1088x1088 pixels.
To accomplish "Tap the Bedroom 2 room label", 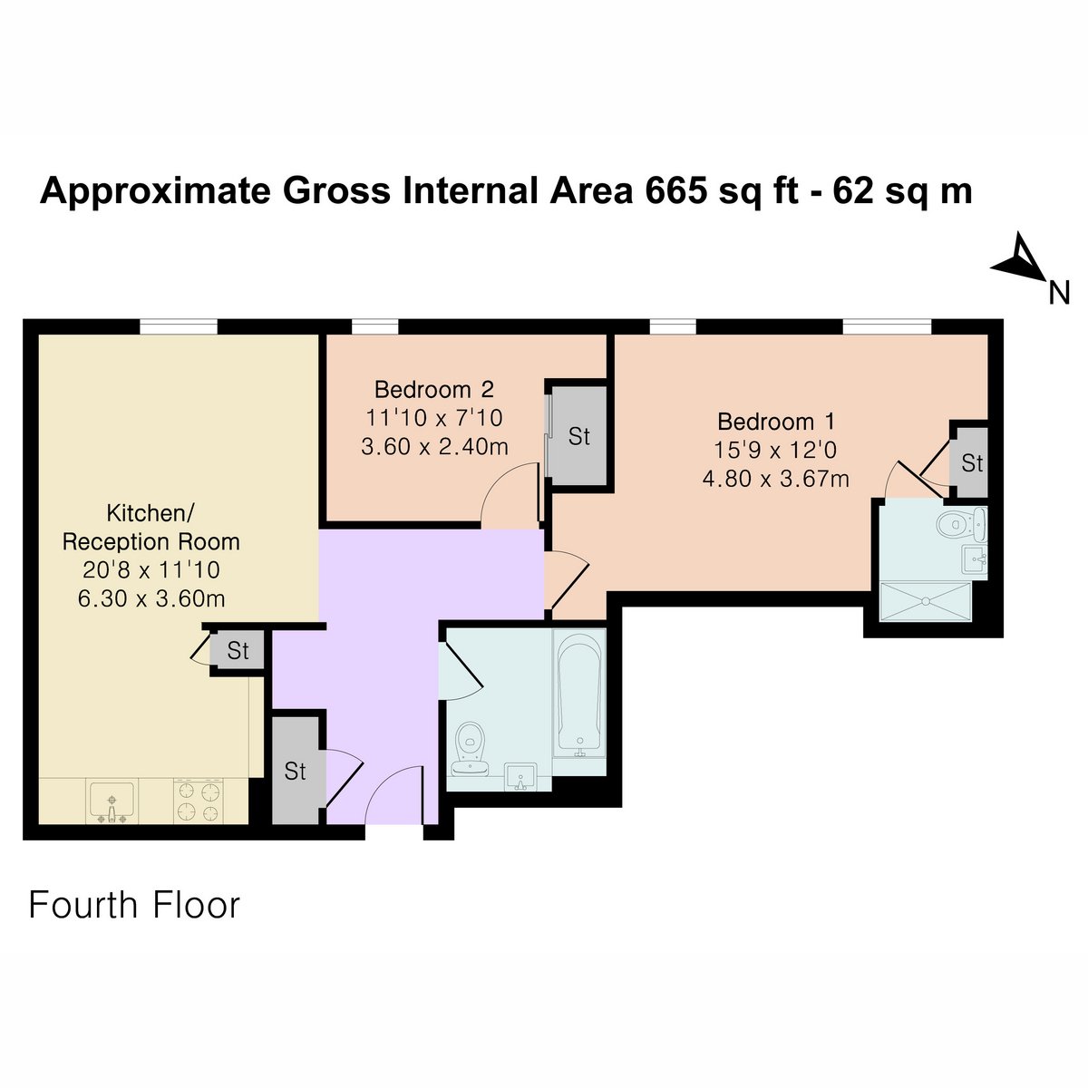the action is [433, 390].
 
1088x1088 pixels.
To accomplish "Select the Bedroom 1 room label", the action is [776, 422].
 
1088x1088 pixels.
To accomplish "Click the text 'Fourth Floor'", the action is [134, 906].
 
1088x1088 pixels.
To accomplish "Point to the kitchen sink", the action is [112, 801].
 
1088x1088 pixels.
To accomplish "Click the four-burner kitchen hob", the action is [198, 801].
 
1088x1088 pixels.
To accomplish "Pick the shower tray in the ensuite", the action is [927, 602].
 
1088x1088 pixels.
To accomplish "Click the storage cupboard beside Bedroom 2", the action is [579, 436].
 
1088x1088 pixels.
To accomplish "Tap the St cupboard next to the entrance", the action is [296, 771].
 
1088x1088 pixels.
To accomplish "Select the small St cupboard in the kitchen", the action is [238, 651].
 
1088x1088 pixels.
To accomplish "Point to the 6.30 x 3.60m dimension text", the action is [151, 598].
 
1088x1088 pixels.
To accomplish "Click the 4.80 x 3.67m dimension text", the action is [776, 479].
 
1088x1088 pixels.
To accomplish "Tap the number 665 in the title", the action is [675, 190].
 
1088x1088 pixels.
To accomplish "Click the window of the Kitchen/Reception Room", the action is [179, 327].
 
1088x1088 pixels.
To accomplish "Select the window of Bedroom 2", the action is [374, 327].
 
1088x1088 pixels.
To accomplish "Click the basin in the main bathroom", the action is [520, 777].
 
